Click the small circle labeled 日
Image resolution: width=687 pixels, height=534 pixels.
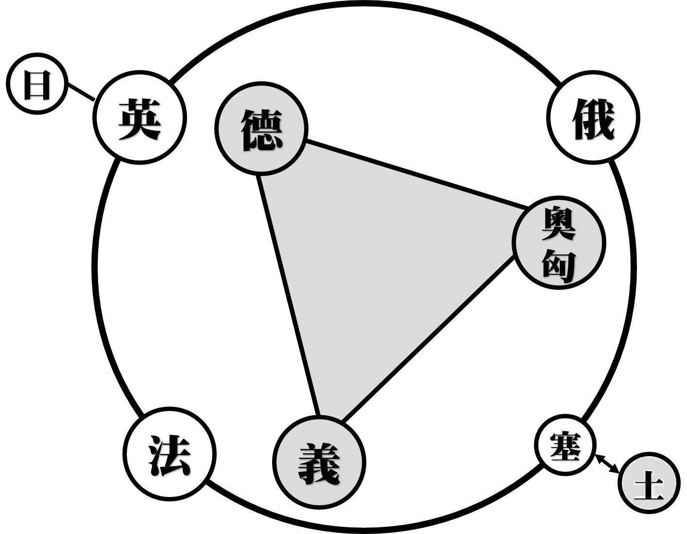coord(36,84)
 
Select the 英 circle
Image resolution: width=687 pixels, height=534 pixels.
coord(139,118)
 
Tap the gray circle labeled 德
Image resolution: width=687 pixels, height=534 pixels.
coord(261,128)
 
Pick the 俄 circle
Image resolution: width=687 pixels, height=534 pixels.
coord(593,118)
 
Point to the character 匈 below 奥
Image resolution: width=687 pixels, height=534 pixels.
coord(559,265)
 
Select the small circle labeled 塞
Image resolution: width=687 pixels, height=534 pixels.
coord(565,445)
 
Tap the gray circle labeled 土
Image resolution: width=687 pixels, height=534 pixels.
coord(649,483)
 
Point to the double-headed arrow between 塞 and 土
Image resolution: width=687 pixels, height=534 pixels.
coord(607,463)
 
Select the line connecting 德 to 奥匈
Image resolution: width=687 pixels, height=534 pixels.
coord(418,175)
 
